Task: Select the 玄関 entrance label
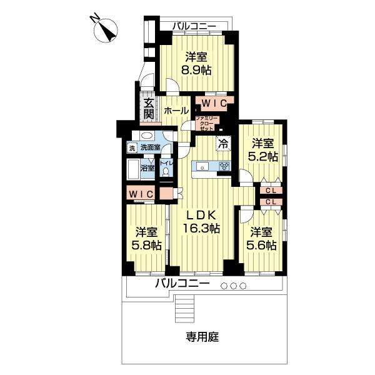(x=148, y=109)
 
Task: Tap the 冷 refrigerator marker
(x=223, y=142)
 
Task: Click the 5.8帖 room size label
(x=148, y=245)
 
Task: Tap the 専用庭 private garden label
(x=201, y=337)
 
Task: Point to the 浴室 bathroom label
(x=147, y=167)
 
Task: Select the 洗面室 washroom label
(x=150, y=148)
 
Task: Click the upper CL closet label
(x=271, y=190)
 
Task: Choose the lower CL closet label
(x=271, y=202)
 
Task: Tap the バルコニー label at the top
(x=194, y=26)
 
